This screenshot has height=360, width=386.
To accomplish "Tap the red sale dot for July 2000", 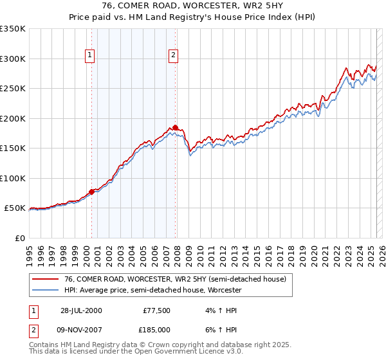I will [x=92, y=191].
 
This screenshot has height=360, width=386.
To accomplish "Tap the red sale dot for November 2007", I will [x=176, y=127].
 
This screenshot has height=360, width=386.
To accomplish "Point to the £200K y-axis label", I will [x=13, y=118].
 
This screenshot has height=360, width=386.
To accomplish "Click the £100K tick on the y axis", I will [x=13, y=178].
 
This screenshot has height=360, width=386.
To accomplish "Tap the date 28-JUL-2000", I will [x=81, y=310].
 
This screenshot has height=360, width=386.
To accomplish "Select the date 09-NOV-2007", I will [x=81, y=329].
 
